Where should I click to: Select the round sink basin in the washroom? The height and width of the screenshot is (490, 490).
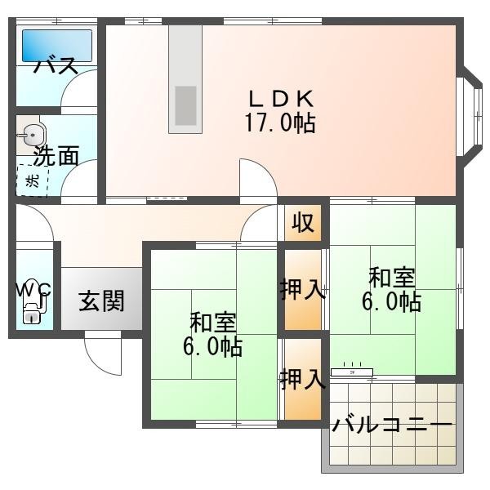31,135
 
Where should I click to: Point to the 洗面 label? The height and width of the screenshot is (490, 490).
56,156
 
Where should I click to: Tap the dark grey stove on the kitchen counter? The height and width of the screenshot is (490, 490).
185,105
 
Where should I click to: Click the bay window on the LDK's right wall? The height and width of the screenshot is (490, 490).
472,114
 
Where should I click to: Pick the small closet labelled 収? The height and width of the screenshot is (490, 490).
303,222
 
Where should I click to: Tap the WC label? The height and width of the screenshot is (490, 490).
34,290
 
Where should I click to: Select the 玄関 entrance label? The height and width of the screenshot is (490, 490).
101,301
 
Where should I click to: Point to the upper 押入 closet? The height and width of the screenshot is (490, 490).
303,290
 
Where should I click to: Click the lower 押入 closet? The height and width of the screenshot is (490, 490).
303,379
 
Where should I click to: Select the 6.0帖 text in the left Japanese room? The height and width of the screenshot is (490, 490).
212,346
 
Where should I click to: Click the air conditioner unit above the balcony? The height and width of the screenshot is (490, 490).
352,372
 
